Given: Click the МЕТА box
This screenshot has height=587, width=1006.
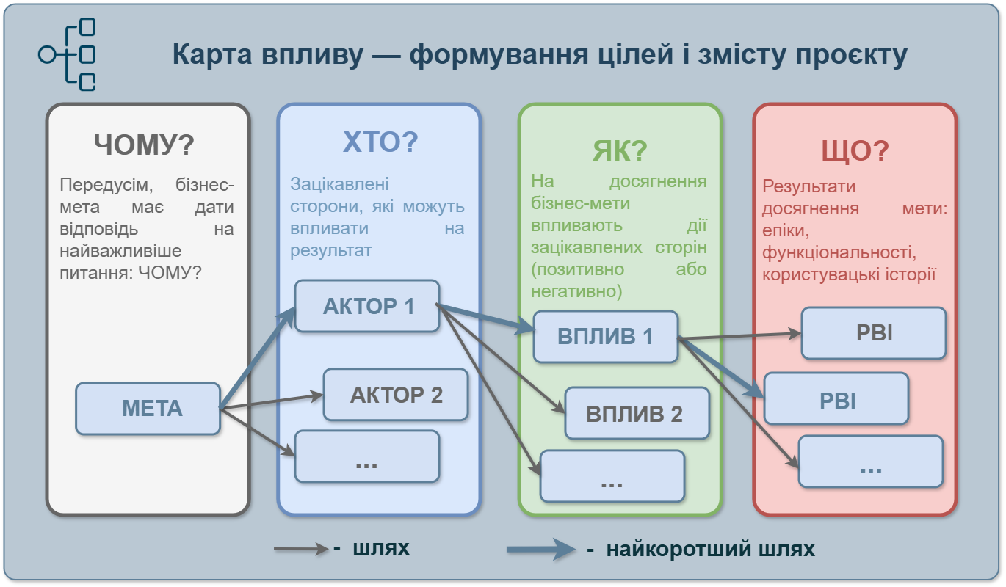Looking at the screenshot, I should tap(148, 409).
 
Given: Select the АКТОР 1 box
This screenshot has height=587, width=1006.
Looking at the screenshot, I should tap(367, 306).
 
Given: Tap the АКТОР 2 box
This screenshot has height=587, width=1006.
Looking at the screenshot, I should tap(396, 395).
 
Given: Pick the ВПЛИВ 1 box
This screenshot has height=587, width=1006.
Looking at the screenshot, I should tap(605, 337).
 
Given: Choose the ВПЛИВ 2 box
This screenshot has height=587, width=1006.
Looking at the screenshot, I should tap(637, 413).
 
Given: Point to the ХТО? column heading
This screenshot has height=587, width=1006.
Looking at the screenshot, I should tap(380, 142).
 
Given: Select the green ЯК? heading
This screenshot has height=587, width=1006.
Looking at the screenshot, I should tap(619, 150).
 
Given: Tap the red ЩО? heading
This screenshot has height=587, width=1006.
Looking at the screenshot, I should tap(854, 150).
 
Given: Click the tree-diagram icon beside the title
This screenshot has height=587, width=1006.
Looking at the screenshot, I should tap(68, 55).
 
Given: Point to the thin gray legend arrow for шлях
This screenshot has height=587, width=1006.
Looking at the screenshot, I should tap(301, 549).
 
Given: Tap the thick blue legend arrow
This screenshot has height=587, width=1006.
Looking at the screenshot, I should tap(540, 549).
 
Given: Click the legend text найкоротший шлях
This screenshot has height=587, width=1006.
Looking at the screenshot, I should tap(710, 549).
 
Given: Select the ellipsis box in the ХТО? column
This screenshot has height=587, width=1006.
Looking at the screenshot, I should tap(366, 456).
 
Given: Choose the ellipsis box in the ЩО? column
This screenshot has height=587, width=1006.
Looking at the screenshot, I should tap(870, 462).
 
